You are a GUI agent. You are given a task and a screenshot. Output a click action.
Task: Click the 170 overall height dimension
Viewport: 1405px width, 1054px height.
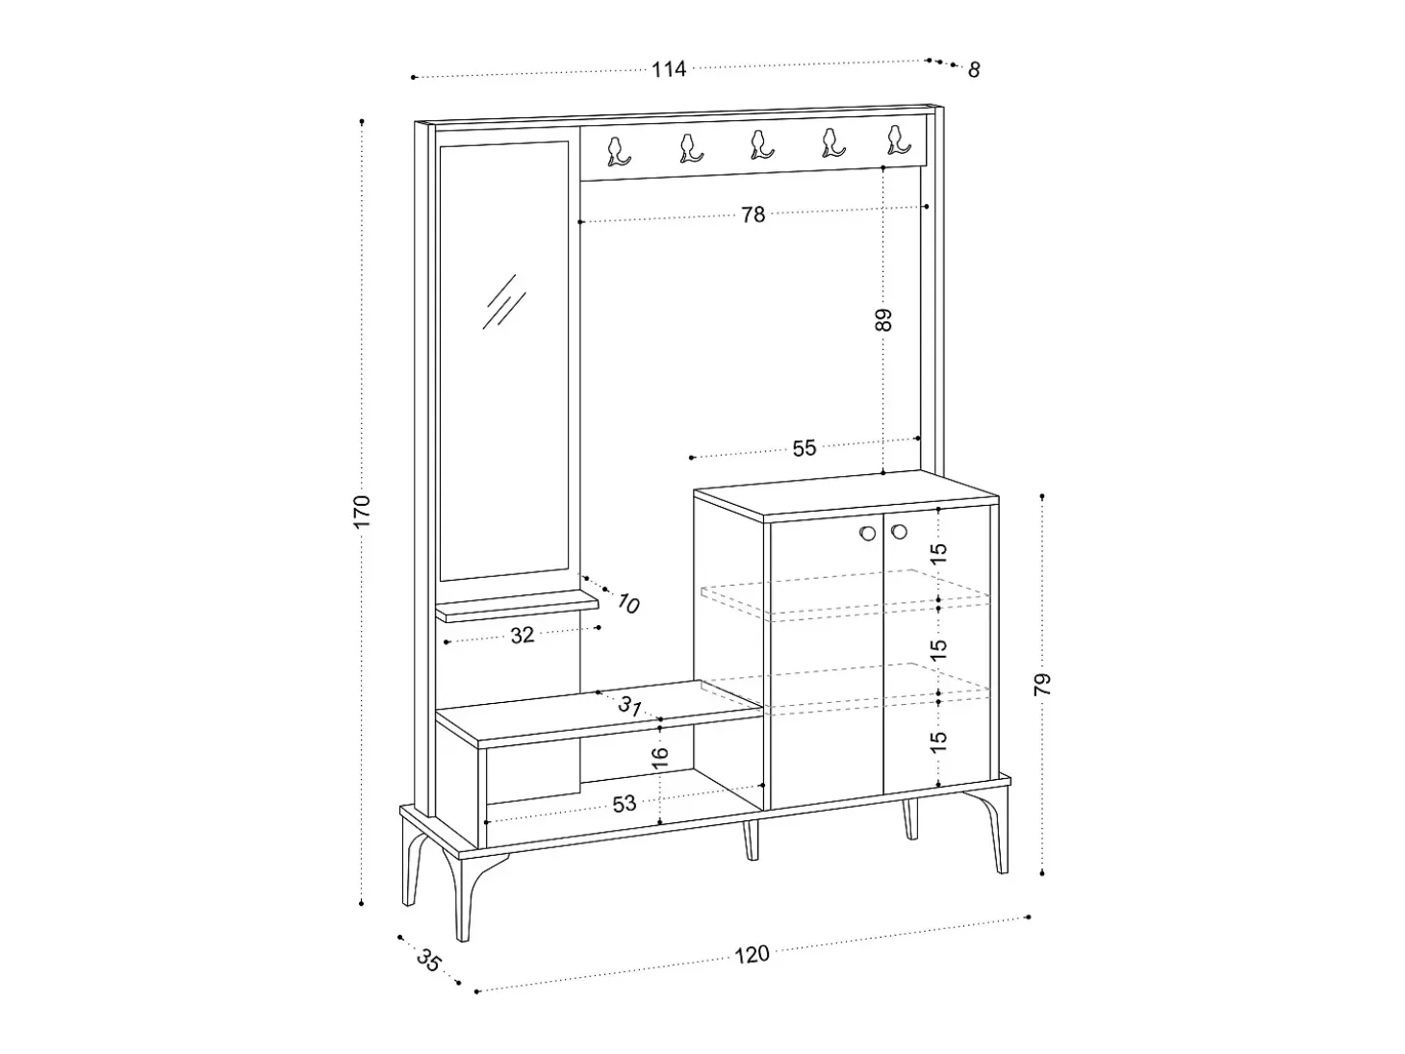(362, 511)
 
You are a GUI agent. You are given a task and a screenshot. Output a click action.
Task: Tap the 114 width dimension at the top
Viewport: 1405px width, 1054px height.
(669, 69)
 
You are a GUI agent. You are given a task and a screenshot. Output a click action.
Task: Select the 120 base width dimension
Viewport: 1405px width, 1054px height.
(752, 955)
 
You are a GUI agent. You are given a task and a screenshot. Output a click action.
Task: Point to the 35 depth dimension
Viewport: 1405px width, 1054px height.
(428, 961)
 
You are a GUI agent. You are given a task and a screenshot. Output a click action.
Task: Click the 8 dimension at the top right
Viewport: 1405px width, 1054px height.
(974, 69)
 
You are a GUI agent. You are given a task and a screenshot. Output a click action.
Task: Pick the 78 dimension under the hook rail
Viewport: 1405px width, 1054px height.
(754, 214)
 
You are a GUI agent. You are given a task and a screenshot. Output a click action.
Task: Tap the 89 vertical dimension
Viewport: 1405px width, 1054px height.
(882, 320)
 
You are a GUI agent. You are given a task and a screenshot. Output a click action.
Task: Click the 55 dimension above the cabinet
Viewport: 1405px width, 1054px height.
(805, 448)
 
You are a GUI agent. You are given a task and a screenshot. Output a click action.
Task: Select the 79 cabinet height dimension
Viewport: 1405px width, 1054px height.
(1043, 685)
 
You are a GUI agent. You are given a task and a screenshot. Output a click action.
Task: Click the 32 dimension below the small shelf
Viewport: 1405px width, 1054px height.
(523, 635)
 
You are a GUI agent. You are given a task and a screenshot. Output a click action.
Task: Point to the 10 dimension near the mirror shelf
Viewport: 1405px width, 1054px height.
(628, 603)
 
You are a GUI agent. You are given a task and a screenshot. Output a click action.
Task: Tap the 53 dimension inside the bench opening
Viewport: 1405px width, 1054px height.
(625, 804)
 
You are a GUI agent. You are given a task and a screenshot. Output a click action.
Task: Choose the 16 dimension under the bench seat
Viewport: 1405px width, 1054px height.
(659, 757)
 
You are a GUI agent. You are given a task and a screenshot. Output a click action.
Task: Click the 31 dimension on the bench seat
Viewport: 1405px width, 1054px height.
(630, 706)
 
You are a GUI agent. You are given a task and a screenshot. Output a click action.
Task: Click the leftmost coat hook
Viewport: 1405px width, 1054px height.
(619, 152)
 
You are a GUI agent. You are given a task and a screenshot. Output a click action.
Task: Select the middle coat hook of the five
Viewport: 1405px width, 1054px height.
(762, 144)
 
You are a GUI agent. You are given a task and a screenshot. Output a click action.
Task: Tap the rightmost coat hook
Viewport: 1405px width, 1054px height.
(898, 140)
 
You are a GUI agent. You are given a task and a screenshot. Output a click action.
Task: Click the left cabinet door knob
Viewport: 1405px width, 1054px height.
(868, 533)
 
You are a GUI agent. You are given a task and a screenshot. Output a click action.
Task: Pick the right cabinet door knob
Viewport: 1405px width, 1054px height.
(899, 532)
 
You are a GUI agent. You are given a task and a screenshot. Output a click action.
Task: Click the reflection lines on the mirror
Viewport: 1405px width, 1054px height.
(504, 302)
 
